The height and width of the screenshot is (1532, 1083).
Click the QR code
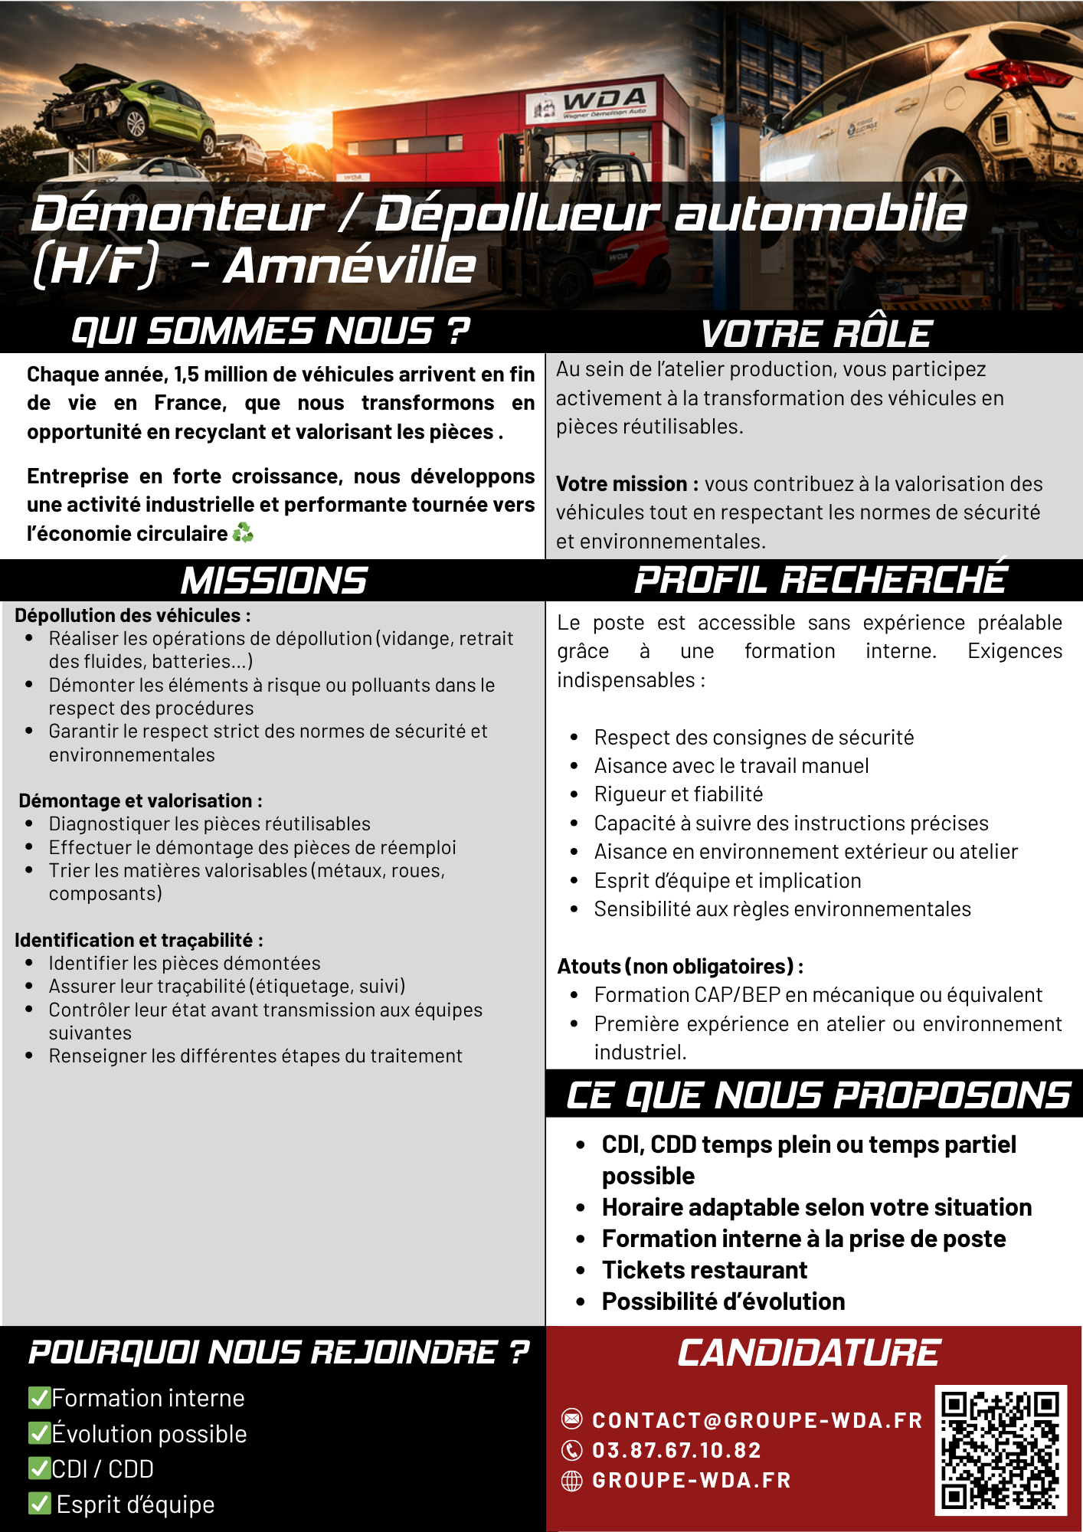coord(1000,1449)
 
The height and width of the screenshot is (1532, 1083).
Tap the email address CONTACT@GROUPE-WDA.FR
coord(757,1420)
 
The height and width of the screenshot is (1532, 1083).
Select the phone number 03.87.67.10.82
coord(676,1450)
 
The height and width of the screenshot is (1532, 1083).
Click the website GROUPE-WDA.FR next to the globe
coord(691,1480)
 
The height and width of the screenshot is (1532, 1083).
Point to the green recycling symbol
coord(243,532)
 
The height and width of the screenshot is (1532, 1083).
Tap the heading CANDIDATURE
coord(808,1354)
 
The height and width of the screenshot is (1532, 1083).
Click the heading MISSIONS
coord(273,581)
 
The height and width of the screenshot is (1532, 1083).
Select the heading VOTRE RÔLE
coord(816,334)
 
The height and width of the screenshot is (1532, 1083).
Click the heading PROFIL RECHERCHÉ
coord(820,580)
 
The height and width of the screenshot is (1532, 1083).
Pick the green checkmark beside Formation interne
coord(38,1398)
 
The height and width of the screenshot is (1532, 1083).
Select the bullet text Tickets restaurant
coord(704,1270)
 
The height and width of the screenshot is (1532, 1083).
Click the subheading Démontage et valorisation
coord(140,800)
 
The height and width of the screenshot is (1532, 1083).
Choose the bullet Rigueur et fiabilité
coord(678,794)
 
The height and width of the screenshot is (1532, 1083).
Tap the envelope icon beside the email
coord(571,1419)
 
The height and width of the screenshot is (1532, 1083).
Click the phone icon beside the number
coord(571,1450)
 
